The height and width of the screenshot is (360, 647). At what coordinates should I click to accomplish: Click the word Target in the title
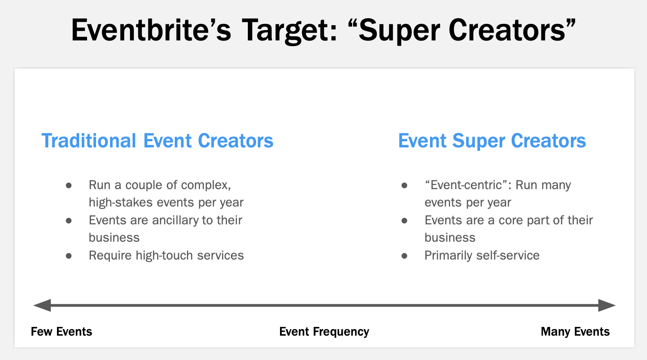[289, 30]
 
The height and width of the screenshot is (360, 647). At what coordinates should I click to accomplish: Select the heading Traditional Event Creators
[157, 141]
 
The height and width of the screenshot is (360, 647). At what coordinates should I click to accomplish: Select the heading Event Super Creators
[492, 141]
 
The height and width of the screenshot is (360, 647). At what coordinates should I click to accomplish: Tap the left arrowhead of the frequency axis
[42, 305]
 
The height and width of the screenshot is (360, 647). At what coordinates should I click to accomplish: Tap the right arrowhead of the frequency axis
[607, 305]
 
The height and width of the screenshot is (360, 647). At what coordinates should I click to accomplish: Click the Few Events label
[61, 332]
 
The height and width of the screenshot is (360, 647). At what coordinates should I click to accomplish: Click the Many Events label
[575, 332]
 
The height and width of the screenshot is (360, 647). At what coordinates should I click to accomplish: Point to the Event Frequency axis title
[324, 332]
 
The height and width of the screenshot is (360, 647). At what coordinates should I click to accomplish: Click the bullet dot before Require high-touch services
[69, 256]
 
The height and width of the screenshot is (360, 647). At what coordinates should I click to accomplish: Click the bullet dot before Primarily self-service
[404, 256]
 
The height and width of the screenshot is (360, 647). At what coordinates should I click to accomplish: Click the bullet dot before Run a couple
[69, 186]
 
